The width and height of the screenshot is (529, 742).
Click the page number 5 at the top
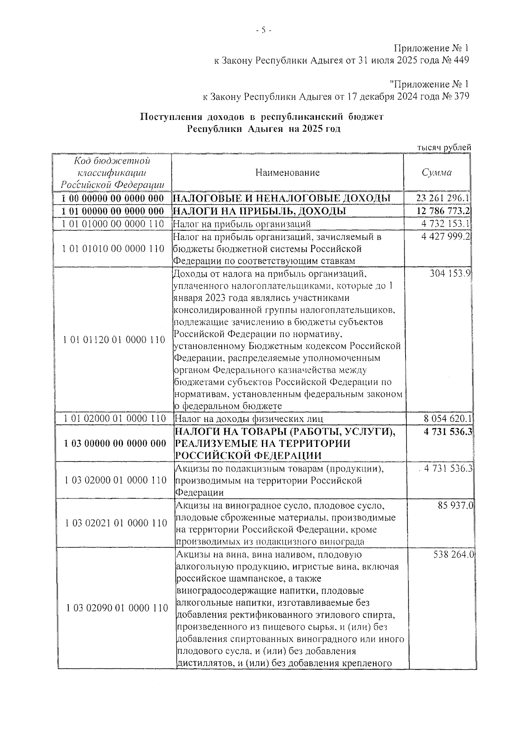264,30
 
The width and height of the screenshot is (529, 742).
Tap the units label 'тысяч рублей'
444,148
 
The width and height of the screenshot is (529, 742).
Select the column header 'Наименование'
287,172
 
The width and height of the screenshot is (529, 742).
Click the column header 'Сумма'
436,172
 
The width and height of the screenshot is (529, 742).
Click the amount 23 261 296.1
443,199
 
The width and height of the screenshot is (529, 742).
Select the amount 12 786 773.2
443,211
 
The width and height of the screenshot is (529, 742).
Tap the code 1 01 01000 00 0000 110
113,224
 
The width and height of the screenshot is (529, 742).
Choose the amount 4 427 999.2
446,237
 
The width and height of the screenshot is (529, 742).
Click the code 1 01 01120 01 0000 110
114,340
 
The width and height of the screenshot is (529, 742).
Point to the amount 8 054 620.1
446,418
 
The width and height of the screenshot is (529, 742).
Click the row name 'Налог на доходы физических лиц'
250,418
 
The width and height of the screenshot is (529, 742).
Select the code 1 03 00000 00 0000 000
115,443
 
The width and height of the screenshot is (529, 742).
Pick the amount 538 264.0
452,555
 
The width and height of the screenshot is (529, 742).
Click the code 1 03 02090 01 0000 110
117,608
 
